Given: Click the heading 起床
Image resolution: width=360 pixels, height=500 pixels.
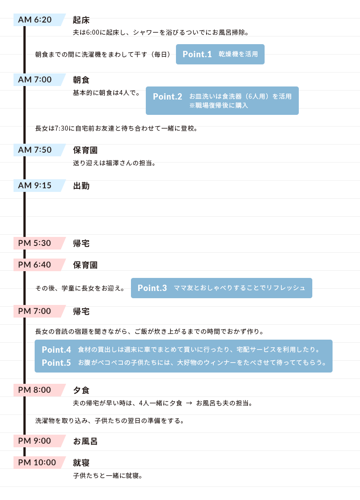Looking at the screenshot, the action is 81,20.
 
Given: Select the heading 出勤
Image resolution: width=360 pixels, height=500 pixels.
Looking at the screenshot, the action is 81,186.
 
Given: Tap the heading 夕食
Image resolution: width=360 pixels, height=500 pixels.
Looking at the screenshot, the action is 81,390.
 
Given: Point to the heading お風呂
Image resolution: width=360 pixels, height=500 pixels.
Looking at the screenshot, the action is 85,441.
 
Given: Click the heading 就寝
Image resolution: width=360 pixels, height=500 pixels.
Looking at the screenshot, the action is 81,463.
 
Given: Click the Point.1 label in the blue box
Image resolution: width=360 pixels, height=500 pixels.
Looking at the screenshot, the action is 197,54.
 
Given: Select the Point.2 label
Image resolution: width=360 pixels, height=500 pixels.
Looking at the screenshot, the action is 167,96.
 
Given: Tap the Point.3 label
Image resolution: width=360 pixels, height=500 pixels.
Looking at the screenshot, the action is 152,288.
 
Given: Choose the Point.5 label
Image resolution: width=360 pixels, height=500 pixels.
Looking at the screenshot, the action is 56,363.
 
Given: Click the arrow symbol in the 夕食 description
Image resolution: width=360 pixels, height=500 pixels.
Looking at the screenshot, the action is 189,403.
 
